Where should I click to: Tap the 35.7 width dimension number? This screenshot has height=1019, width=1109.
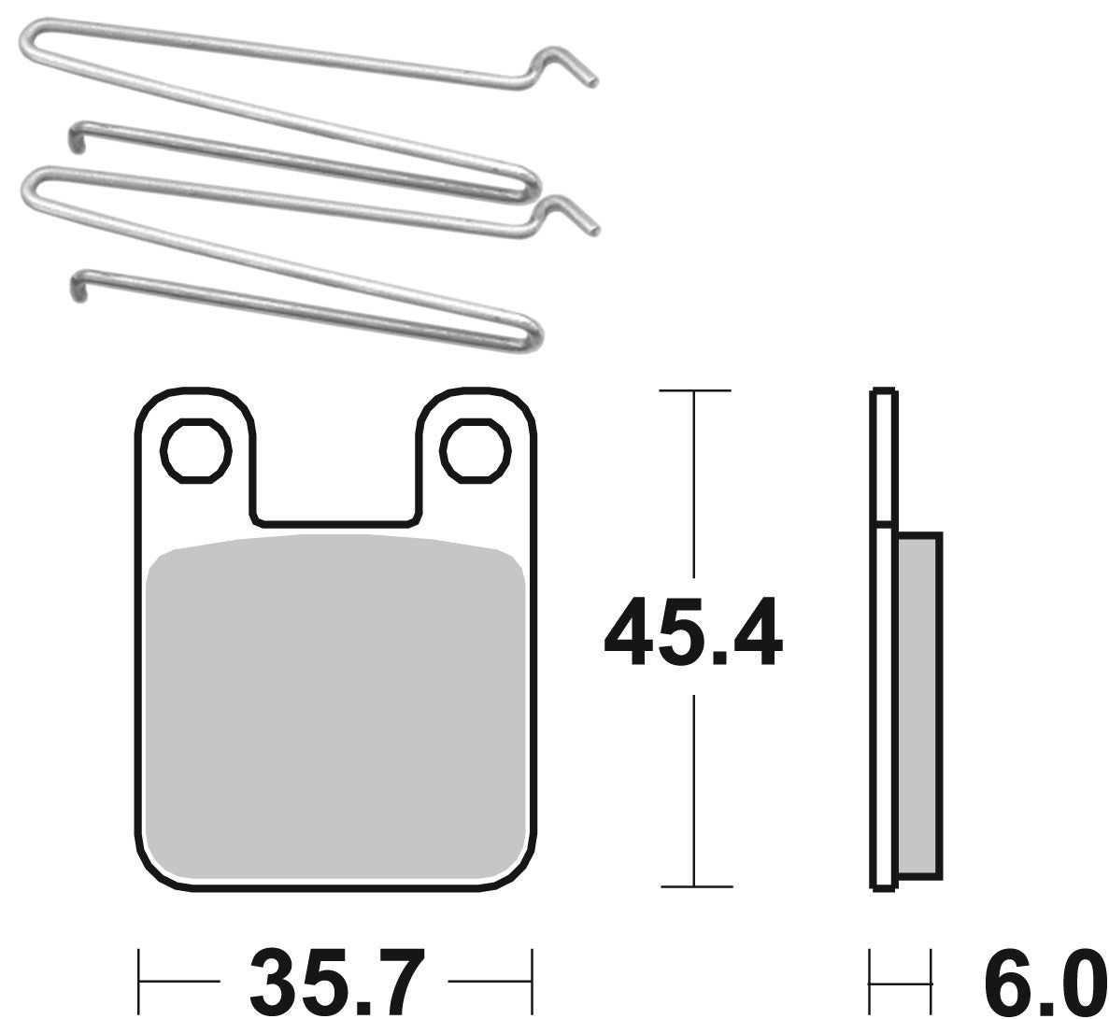334,981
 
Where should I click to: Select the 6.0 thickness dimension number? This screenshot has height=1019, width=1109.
1037,981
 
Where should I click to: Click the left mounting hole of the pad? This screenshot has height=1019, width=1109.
196,452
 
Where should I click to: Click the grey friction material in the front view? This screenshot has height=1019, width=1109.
334,710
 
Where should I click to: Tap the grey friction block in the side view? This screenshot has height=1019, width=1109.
917,705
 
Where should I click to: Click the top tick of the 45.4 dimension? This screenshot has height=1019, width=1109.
693,390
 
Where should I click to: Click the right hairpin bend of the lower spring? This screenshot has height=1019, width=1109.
533,327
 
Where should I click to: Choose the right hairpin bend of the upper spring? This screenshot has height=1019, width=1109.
531,183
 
